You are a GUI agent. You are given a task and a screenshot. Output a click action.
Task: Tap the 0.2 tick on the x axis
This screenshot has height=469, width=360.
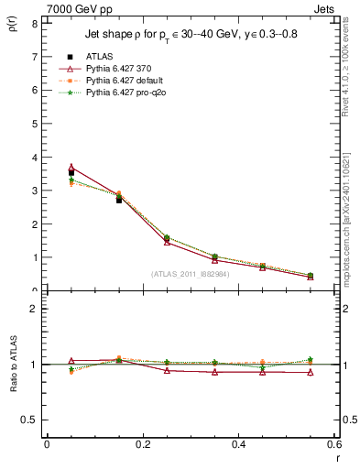(143, 444)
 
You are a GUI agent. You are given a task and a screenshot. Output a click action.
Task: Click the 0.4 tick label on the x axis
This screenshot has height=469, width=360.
(239, 444)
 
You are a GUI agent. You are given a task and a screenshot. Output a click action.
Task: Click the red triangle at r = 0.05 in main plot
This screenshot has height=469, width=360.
(71, 167)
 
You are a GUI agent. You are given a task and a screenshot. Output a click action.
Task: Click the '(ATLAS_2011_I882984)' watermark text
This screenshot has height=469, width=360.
(190, 274)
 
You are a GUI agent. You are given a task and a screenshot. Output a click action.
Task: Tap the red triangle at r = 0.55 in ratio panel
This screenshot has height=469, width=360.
(311, 372)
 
